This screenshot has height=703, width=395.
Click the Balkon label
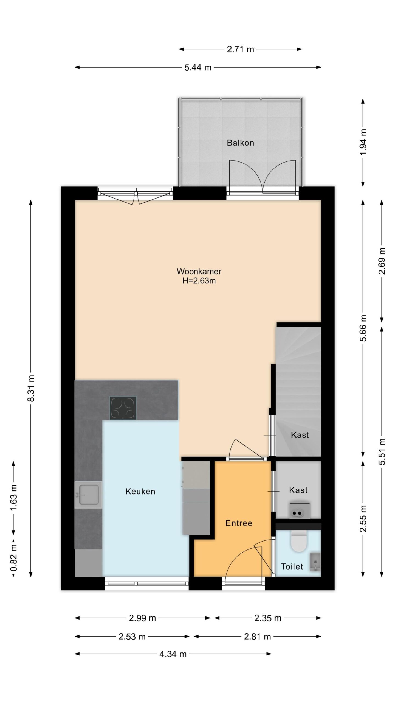240,143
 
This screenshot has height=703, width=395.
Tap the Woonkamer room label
199,271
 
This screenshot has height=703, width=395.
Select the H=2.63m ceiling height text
199,281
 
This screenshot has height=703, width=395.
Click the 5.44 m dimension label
198,67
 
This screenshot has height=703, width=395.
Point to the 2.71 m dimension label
240,49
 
